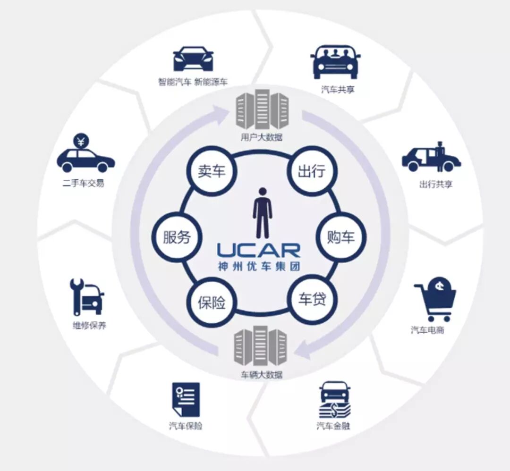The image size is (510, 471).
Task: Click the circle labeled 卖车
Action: (212, 171)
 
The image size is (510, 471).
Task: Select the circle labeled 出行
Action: (312, 171)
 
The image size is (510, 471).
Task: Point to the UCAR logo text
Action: (258, 250)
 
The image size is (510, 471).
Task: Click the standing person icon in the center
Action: (262, 213)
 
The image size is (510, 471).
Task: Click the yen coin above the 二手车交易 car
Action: (81, 141)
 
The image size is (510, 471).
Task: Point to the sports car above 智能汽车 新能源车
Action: (193, 59)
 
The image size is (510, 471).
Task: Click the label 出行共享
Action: (435, 184)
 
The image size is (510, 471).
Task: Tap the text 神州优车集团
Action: (258, 266)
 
